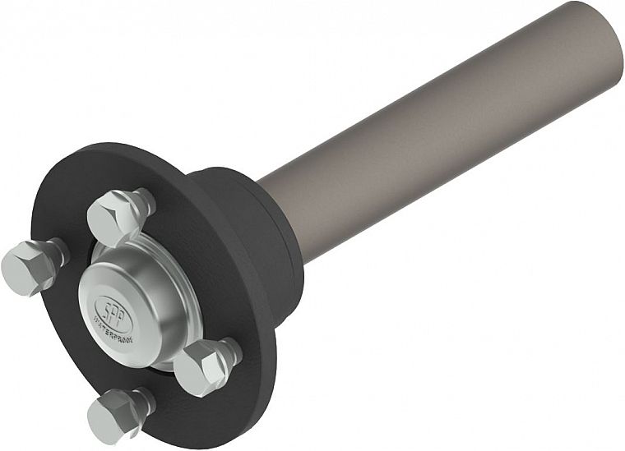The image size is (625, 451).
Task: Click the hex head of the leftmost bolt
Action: tap(25, 267)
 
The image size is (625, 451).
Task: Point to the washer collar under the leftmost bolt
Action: tap(55, 252)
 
